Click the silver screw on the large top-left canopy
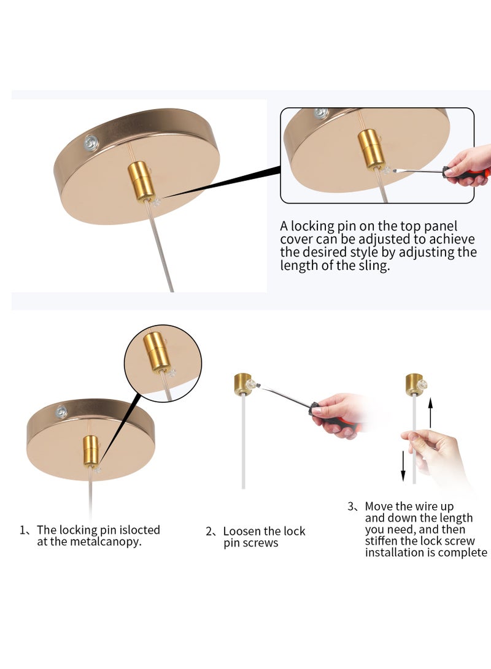point(91,142)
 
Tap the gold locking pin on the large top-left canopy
point(141,180)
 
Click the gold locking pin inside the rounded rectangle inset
point(371,150)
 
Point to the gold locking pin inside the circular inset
point(157,351)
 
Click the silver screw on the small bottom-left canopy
point(62,411)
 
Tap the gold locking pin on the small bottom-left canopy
point(90,451)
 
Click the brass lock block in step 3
point(414,384)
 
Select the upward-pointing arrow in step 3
point(430,413)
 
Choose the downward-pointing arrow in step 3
point(403,466)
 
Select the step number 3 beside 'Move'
point(351,507)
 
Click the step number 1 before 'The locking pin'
point(22,530)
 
